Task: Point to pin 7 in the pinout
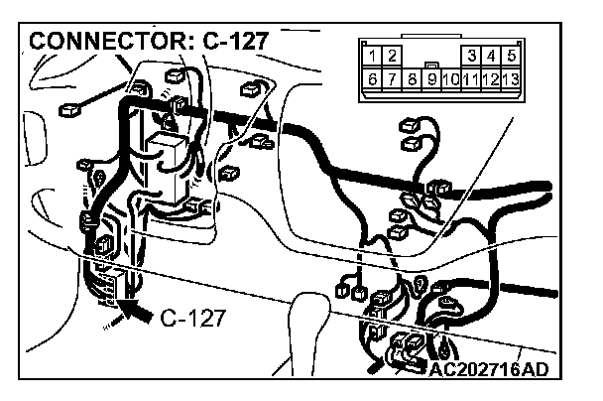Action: tap(390, 77)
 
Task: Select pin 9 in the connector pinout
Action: tap(431, 77)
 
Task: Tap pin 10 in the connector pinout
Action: tap(451, 77)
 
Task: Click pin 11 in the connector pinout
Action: tap(471, 77)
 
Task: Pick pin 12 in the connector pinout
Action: tap(491, 77)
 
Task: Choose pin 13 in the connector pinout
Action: tap(511, 77)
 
